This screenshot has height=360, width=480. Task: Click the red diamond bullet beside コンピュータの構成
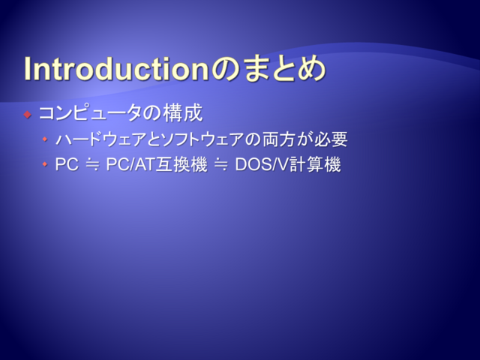coord(28,115)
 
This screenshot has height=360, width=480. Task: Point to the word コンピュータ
coord(90,112)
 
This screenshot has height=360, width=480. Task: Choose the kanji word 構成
coord(183,112)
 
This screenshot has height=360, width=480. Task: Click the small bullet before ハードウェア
coord(45,139)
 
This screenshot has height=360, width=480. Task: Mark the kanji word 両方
coord(277,139)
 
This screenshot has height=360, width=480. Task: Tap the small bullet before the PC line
coord(45,164)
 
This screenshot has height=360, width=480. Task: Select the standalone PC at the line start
coord(67,164)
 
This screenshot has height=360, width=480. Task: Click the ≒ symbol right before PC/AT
coord(92,165)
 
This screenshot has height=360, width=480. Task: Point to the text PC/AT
coord(130,164)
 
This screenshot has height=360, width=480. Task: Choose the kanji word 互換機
coord(181,164)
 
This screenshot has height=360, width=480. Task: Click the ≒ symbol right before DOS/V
coord(221,165)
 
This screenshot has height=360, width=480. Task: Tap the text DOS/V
coord(262,164)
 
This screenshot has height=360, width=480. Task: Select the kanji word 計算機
coord(315,164)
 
